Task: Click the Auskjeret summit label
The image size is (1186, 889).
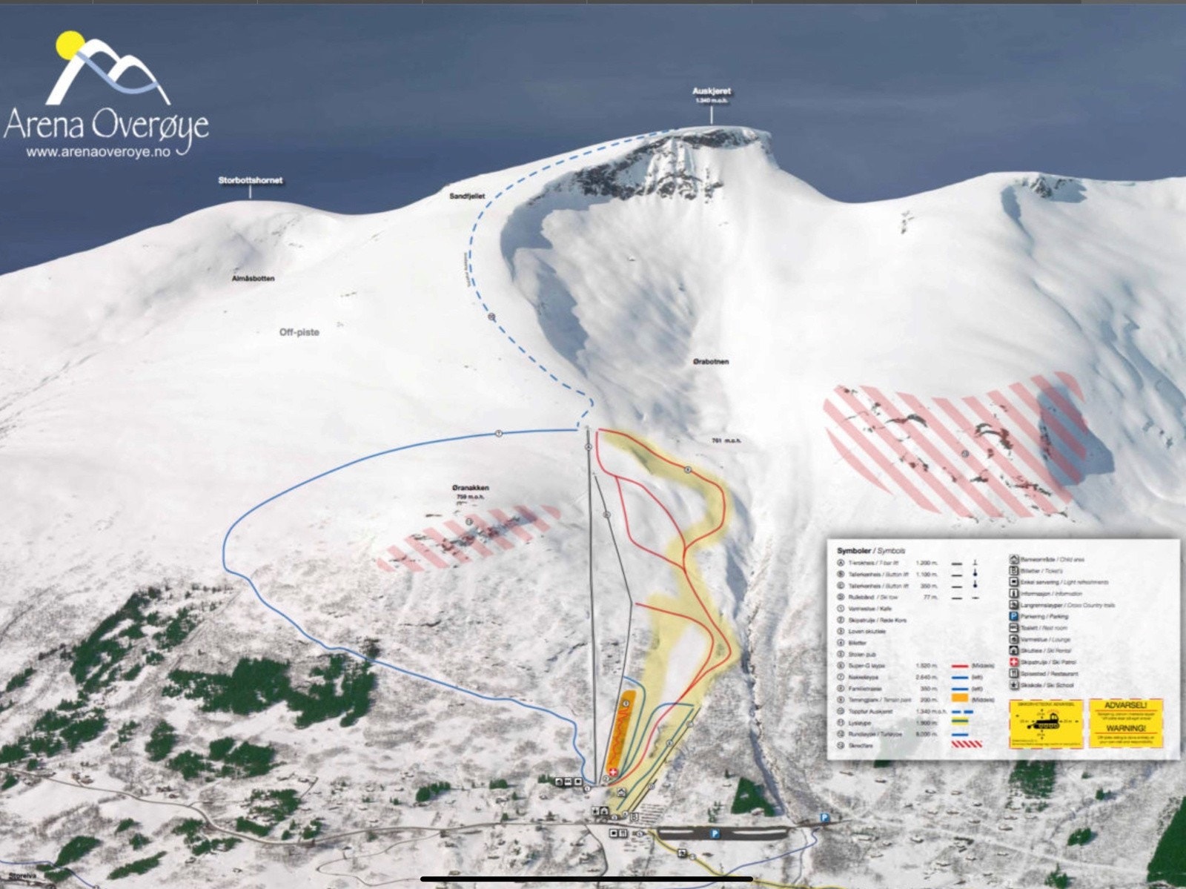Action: pos(712,91)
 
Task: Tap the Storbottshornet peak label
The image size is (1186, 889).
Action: pos(251,180)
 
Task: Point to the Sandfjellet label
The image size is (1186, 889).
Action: pos(467,196)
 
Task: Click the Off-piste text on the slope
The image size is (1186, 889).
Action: pos(299,332)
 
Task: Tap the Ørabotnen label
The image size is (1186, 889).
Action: pos(711,362)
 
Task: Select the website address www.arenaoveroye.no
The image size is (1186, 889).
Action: pos(99,152)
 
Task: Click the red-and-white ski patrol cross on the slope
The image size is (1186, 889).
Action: pos(612,772)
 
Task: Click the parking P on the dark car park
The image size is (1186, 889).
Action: pos(715,833)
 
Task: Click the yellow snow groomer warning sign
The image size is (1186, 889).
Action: pos(1046,723)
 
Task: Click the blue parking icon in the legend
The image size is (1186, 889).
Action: pos(1014,616)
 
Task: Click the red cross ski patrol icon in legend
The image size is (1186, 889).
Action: pos(1014,662)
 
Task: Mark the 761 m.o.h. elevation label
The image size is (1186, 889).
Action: pos(726,440)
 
